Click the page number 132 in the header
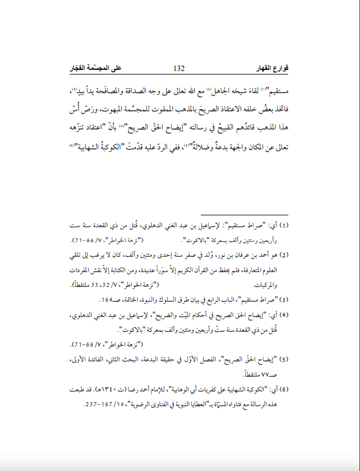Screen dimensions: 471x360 click(179, 69)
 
